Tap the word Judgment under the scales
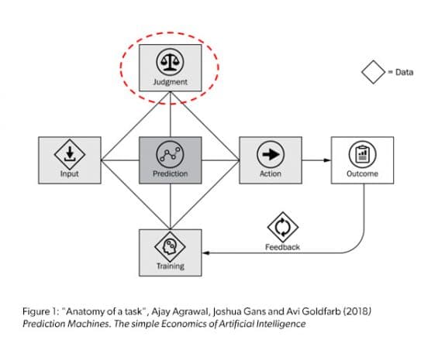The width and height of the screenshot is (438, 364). coord(170,81)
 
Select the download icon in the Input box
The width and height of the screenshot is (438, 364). coord(69,153)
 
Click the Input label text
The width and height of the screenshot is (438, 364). coord(69,174)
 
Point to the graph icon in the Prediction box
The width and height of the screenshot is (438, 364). coord(170,153)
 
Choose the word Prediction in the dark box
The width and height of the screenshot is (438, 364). coord(170,174)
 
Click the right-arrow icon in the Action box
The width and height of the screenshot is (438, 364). coord(271,153)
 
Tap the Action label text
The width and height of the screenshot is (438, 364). coord(271,174)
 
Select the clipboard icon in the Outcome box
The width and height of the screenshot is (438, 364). coord(363,153)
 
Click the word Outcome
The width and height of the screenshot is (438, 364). coord(363,174)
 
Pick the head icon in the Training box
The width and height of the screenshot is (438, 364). coord(170,246)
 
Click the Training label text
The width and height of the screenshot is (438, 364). coord(170,266)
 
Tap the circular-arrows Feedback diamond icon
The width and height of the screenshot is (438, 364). coord(282,226)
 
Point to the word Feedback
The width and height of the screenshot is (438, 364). coord(282,248)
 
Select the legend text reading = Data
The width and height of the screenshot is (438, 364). coord(401,73)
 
